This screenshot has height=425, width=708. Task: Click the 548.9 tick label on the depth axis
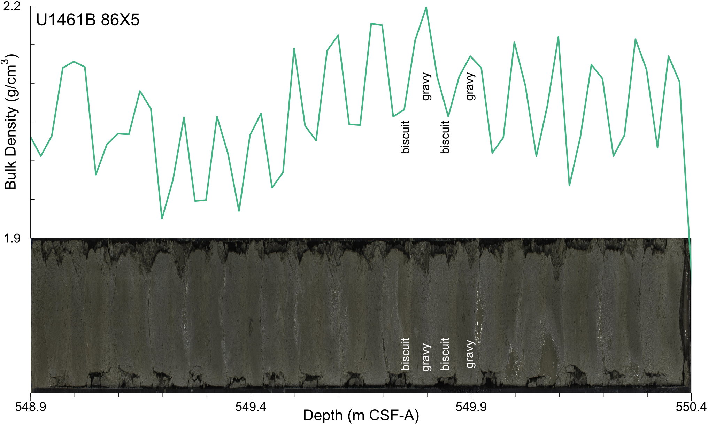pyautogui.click(x=31, y=407)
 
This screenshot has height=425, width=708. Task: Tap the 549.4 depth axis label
pyautogui.click(x=251, y=407)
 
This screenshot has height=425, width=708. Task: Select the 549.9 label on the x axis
pyautogui.click(x=471, y=407)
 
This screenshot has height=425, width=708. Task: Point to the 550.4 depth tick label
pyautogui.click(x=691, y=407)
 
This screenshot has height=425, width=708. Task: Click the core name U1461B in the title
pyautogui.click(x=66, y=20)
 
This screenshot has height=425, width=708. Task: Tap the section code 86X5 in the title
pyautogui.click(x=120, y=20)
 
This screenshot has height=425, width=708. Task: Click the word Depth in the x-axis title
pyautogui.click(x=323, y=416)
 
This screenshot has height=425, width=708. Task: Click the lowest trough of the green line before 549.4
pyautogui.click(x=162, y=219)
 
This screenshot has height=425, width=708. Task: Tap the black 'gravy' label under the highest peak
pyautogui.click(x=426, y=86)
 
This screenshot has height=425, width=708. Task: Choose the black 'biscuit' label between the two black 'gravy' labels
pyautogui.click(x=445, y=137)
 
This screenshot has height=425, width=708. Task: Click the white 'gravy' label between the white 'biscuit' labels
pyautogui.click(x=426, y=357)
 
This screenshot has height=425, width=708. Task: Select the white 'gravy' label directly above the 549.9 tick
pyautogui.click(x=470, y=354)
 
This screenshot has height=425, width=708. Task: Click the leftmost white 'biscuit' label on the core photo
pyautogui.click(x=405, y=354)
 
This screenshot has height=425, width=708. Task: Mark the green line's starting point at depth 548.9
pyautogui.click(x=31, y=137)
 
